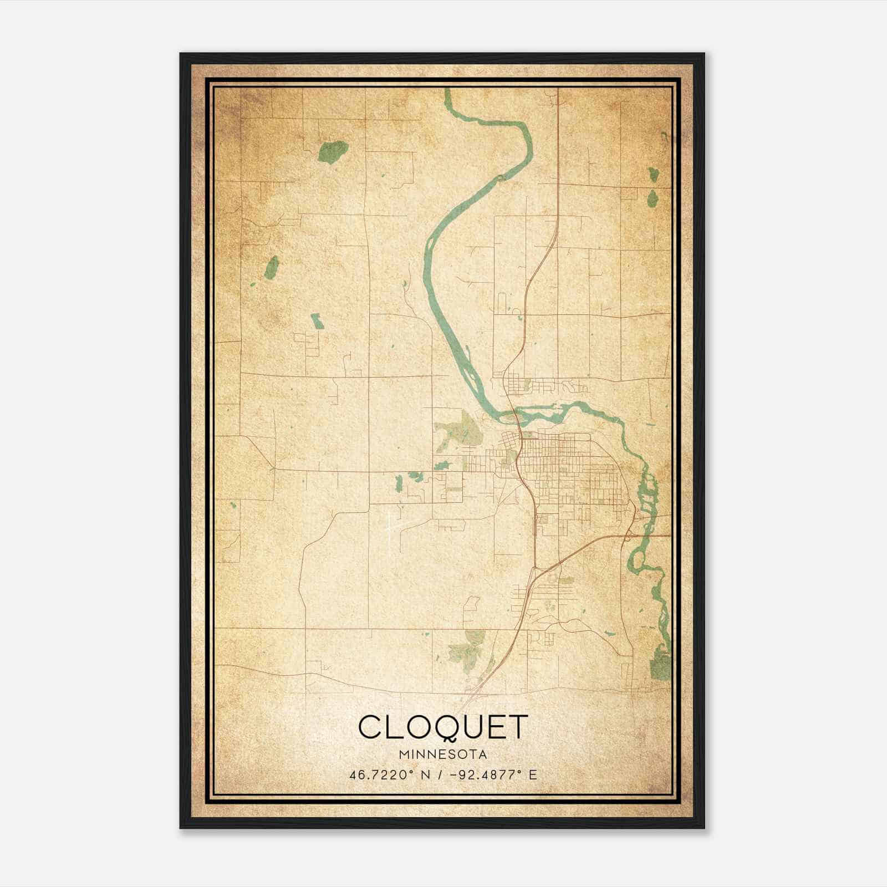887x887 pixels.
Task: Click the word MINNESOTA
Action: [x=442, y=755]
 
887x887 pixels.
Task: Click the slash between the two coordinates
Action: [x=439, y=775]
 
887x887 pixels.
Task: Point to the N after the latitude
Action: [x=425, y=775]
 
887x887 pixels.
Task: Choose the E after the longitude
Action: [x=533, y=775]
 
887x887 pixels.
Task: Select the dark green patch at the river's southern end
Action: [x=660, y=664]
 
